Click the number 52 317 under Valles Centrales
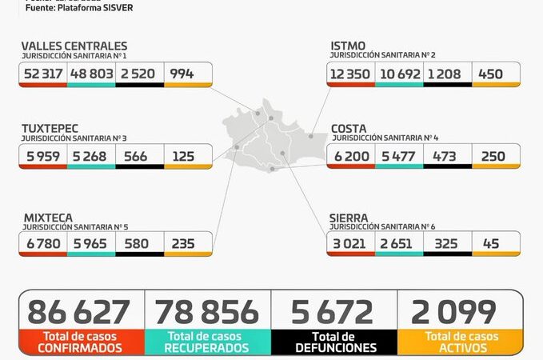[x=43, y=74]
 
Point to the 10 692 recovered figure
[x=400, y=74]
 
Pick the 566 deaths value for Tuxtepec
[x=136, y=156]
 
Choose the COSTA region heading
[x=349, y=128]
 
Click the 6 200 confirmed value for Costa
[x=351, y=156]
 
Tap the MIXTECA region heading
[x=47, y=217]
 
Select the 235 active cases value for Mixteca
[x=183, y=243]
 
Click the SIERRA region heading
[x=349, y=217]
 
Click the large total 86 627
[x=78, y=311]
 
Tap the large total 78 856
[x=207, y=311]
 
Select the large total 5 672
[x=333, y=311]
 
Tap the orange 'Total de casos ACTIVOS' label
[x=460, y=342]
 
